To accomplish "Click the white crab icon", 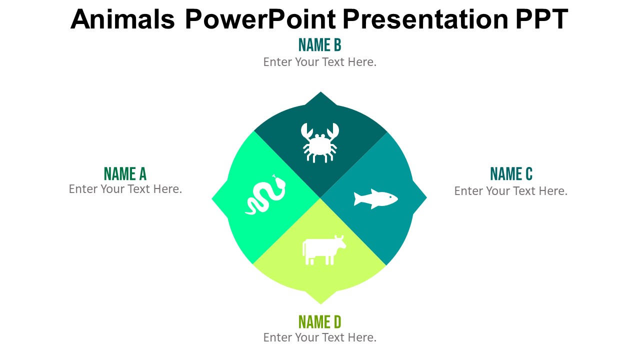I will click(x=320, y=143).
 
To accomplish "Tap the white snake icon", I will click(x=266, y=196).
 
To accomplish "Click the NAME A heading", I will click(x=125, y=174).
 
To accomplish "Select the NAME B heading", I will click(x=319, y=45).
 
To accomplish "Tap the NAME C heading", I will click(x=511, y=174).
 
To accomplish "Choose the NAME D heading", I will click(x=319, y=321).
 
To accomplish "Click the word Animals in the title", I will click(x=122, y=19).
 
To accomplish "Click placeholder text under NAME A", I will click(x=125, y=189).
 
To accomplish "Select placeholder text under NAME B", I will click(x=319, y=62).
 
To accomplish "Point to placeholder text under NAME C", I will click(x=511, y=191).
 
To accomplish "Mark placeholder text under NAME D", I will click(x=319, y=337).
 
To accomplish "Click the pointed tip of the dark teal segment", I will click(x=320, y=94).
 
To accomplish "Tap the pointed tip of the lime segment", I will click(x=320, y=301).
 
